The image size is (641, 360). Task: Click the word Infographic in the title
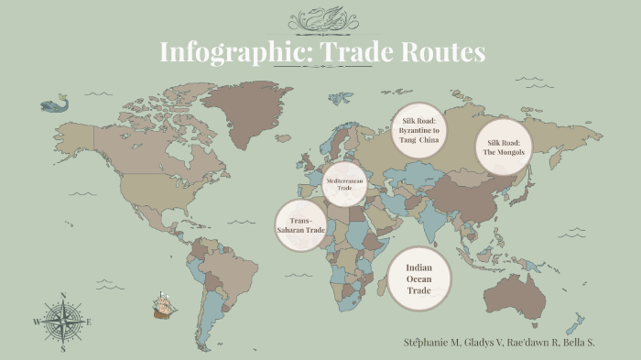pyautogui.click(x=223, y=52)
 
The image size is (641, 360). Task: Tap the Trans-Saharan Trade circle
pyautogui.click(x=301, y=225)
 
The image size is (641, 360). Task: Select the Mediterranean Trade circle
pyautogui.click(x=344, y=184)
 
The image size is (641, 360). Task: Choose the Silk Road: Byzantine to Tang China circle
pyautogui.click(x=418, y=131)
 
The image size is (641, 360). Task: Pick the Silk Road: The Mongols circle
pyautogui.click(x=503, y=147)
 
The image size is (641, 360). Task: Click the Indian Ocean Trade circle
pyautogui.click(x=418, y=278)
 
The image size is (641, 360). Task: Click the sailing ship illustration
pyautogui.click(x=164, y=305)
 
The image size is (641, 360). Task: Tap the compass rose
pyautogui.click(x=62, y=322)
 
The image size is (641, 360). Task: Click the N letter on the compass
pyautogui.click(x=62, y=295)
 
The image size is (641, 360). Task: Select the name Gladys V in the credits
pyautogui.click(x=483, y=342)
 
